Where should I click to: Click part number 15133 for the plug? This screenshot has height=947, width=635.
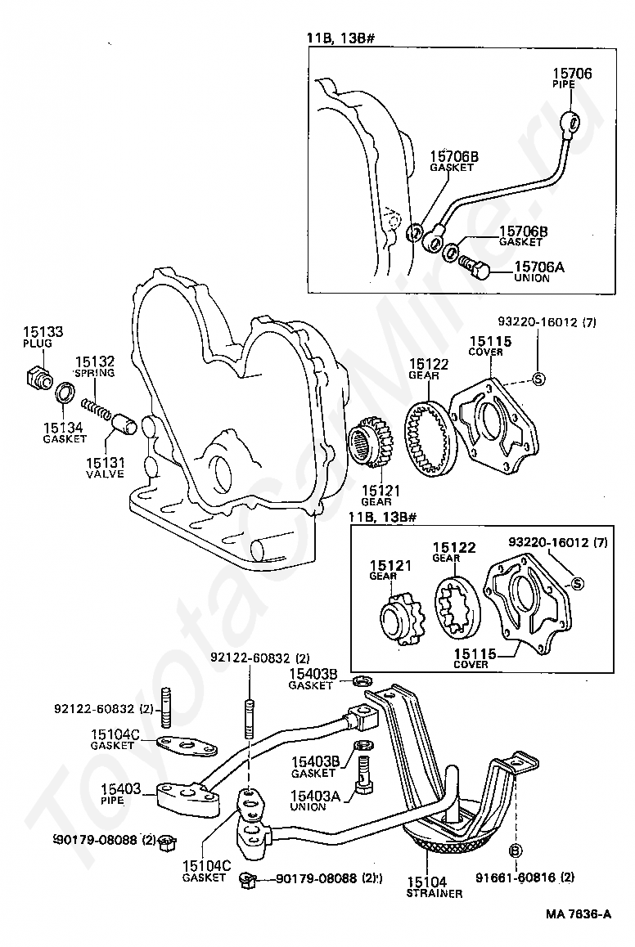tap(43, 331)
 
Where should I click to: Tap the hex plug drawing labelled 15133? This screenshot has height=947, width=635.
tap(38, 378)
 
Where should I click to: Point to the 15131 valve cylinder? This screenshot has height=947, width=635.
tap(124, 424)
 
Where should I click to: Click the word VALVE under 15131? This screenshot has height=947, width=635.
tap(105, 474)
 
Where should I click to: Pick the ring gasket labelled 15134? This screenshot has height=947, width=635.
tap(65, 393)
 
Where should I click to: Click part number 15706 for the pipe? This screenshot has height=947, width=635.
tap(572, 74)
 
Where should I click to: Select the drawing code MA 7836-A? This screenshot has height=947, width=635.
tap(579, 913)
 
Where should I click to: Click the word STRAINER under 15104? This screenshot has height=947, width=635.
tap(435, 893)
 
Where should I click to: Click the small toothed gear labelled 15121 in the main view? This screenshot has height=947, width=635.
tap(372, 444)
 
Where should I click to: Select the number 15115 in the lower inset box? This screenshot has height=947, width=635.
tap(475, 653)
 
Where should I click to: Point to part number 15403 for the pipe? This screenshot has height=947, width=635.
tap(120, 789)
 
